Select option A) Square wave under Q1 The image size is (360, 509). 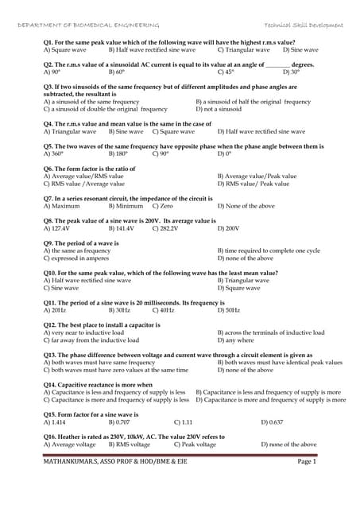pos(63,49)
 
